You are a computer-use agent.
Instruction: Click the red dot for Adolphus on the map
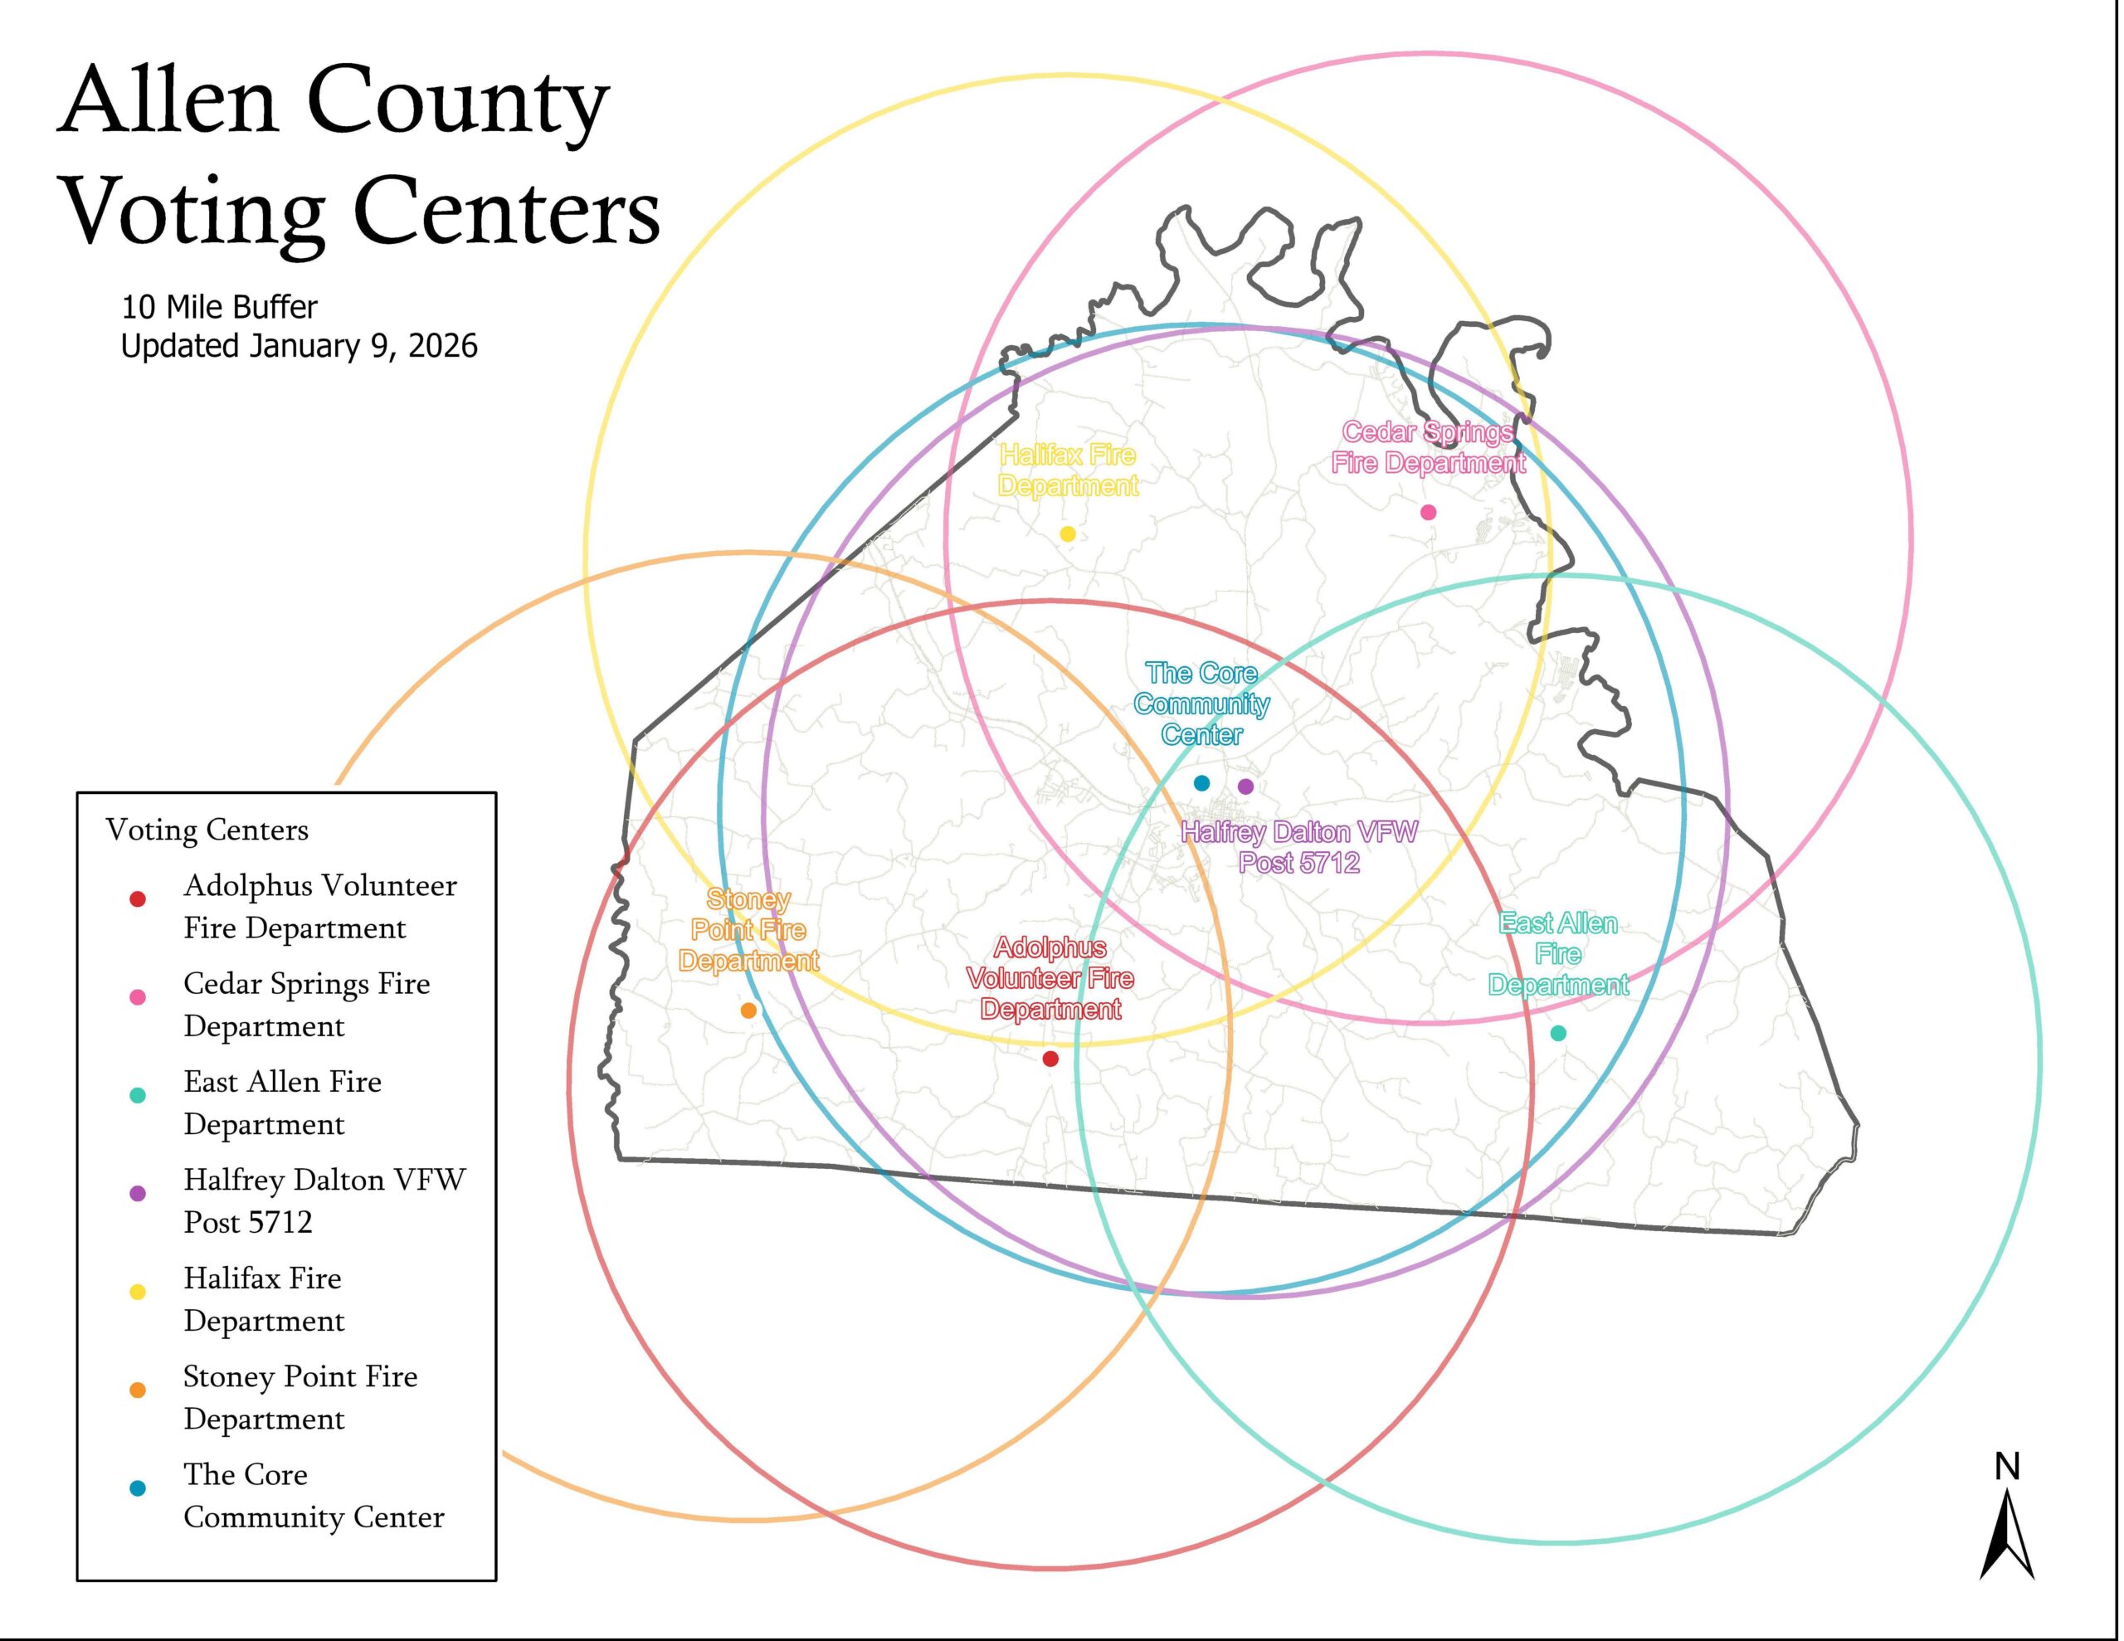point(1050,1059)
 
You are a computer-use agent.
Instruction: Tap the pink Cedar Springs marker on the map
point(1428,513)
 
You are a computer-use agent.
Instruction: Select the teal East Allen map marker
point(1558,1033)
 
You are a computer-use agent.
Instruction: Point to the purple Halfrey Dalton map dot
point(1246,786)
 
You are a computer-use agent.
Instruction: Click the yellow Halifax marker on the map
point(1068,534)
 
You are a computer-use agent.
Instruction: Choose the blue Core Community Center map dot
point(1202,783)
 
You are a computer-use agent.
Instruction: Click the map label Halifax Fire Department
point(1068,470)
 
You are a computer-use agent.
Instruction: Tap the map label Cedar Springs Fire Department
point(1428,447)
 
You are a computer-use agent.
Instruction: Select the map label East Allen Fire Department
point(1558,954)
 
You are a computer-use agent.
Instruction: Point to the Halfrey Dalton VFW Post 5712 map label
point(1299,847)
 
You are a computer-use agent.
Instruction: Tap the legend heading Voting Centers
point(207,830)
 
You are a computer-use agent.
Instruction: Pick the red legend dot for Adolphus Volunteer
point(138,898)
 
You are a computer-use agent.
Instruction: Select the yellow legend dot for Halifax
point(138,1292)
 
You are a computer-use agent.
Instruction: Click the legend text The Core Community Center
point(313,1495)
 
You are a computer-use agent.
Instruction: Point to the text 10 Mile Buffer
point(219,308)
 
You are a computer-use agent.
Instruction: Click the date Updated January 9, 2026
point(299,346)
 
